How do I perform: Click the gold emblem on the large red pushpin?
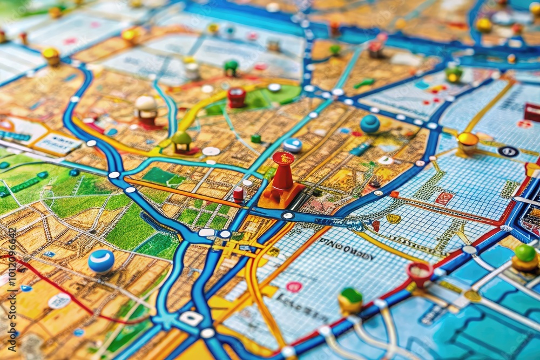coord(283,158)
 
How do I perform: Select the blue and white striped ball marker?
coord(101,261)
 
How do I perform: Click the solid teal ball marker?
coord(370,124)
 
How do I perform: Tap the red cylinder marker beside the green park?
coord(236,97)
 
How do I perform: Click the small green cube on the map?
coord(256,138)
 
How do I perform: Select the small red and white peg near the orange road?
coord(238,194)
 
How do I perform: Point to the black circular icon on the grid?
coord(508,152)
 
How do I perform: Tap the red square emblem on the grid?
coord(444,198)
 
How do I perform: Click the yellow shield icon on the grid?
coord(394,218)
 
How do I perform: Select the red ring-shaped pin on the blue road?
coord(420,271)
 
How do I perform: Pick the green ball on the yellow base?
coord(525,255)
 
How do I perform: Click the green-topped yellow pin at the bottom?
coord(350,299)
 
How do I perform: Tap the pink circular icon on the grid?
coord(294,286)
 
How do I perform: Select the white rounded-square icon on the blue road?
coord(191,318)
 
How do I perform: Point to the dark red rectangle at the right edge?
coord(532,112)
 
